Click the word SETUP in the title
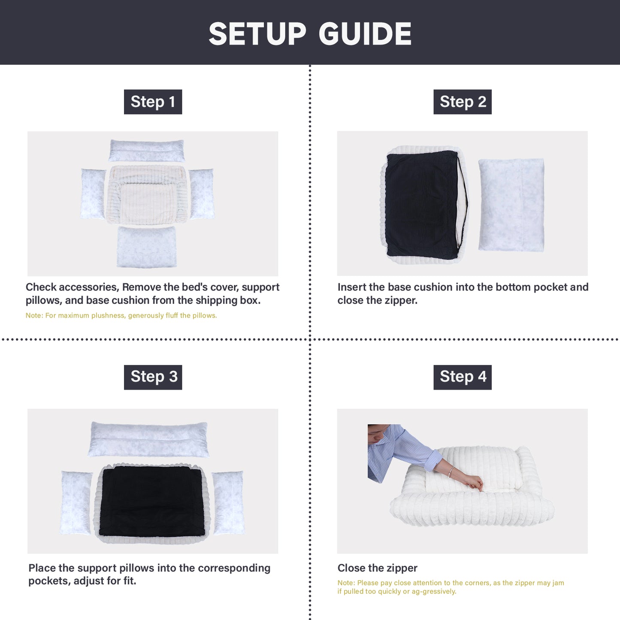pos(257,34)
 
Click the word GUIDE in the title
pos(365,34)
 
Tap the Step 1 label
pos(153,102)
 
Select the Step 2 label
pos(463,102)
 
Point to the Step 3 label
pos(153,377)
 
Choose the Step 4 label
pos(463,377)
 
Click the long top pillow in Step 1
pos(147,150)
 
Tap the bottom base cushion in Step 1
pos(147,247)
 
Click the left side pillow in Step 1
pos(93,194)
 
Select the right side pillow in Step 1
pos(201,194)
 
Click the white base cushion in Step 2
pos(511,205)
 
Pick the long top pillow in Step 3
pos(148,439)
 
